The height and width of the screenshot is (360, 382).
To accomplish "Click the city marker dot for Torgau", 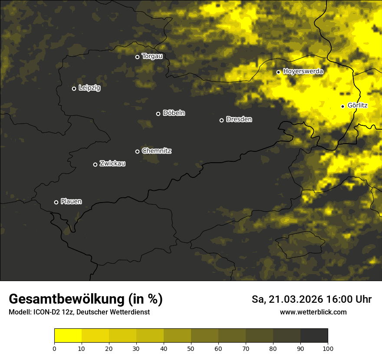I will click(x=137, y=57).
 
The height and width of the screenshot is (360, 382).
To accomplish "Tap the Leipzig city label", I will click(x=89, y=88).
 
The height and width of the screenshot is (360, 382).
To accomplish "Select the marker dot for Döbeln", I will click(x=158, y=114).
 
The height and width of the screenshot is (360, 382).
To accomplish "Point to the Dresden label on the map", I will click(x=239, y=119).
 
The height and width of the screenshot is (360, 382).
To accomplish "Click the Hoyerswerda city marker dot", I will click(x=278, y=72).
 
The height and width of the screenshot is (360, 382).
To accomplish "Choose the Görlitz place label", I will click(x=358, y=105).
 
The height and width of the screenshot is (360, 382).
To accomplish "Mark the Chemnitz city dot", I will click(x=137, y=151).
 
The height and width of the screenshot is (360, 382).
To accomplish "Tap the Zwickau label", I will click(x=112, y=164).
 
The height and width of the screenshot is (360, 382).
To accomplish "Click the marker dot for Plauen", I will click(x=56, y=202).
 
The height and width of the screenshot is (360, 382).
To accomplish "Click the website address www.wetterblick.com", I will click(x=313, y=312).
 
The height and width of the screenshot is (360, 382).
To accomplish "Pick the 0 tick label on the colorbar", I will click(x=54, y=348).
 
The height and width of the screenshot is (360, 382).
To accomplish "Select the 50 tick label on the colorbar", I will click(x=191, y=348).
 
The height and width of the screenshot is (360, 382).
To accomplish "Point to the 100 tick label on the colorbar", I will click(x=328, y=348).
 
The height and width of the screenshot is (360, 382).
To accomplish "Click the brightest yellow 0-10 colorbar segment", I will click(x=68, y=336).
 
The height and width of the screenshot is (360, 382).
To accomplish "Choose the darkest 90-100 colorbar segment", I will click(x=314, y=336).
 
